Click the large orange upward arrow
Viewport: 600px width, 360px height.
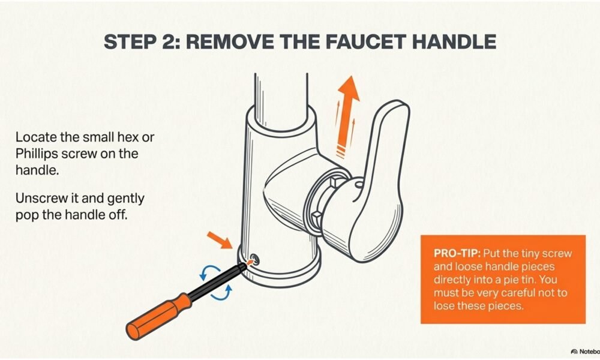(x=347, y=110)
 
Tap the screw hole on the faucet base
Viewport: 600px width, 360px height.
(x=254, y=260)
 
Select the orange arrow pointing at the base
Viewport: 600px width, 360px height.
(x=220, y=240)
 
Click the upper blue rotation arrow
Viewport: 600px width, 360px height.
(x=209, y=271)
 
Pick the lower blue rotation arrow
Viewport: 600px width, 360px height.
(x=221, y=293)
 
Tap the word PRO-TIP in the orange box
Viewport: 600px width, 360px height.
(x=456, y=253)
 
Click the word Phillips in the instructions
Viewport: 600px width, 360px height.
(x=37, y=154)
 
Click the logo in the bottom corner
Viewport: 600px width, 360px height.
(x=584, y=351)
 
